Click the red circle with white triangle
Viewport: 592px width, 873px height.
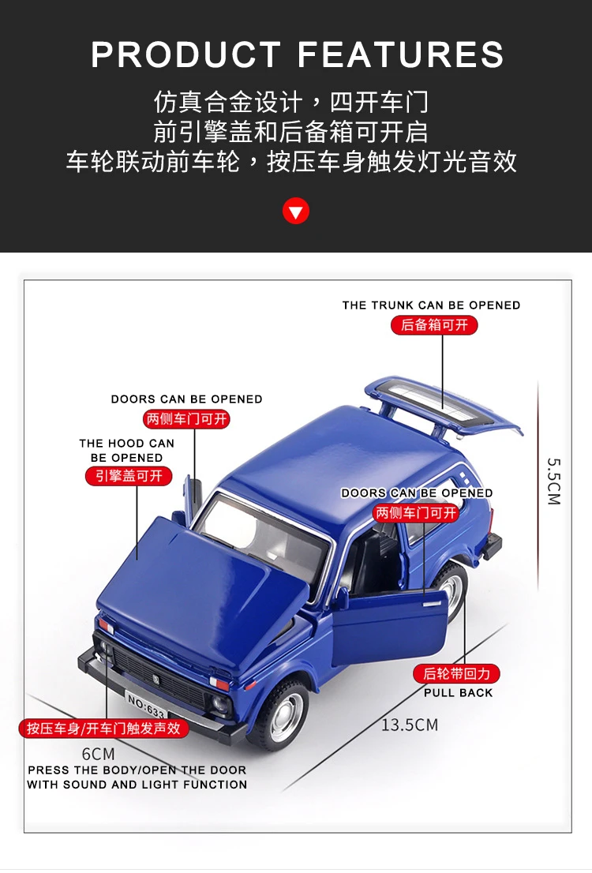296,212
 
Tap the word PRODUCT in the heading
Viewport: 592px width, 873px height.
185,55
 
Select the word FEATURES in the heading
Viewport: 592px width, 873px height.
400,55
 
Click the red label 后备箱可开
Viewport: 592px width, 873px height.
434,324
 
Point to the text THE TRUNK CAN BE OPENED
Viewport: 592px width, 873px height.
431,305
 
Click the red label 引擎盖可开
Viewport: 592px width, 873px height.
129,476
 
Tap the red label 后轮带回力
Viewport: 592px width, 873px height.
456,673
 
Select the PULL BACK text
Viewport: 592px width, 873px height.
458,693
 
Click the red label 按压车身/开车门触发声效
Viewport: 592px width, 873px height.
103,728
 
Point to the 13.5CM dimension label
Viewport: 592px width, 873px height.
410,725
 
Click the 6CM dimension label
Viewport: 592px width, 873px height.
99,754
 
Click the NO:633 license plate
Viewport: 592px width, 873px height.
146,700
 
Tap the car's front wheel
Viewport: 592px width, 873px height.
280,714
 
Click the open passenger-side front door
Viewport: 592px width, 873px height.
391,624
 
